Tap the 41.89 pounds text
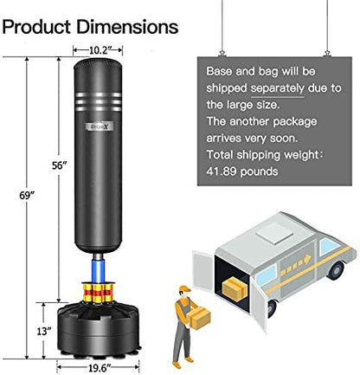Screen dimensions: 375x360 242,171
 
